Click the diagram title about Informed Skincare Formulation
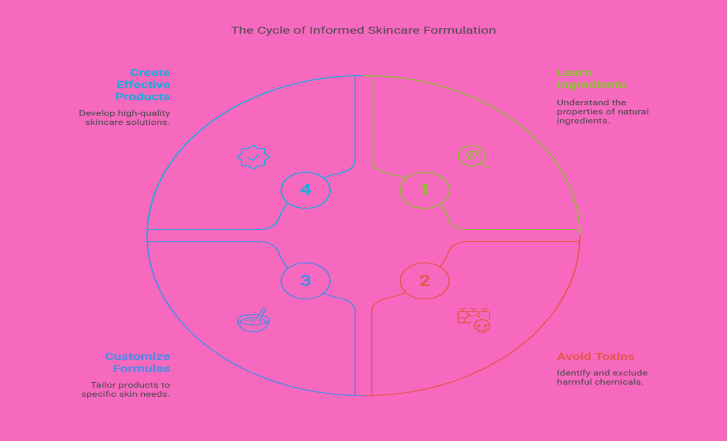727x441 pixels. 363,30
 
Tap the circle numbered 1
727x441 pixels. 425,190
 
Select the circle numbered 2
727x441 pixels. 425,280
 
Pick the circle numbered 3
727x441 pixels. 305,280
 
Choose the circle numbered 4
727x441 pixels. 305,190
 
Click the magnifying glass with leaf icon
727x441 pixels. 473,157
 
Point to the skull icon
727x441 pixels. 482,326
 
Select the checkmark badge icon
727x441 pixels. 253,157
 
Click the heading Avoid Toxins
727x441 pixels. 596,356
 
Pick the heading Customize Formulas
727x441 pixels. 138,362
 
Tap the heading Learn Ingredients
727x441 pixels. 591,79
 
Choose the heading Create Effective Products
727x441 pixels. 143,85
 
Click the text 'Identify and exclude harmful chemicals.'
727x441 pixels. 602,377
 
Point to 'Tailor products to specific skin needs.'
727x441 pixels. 126,390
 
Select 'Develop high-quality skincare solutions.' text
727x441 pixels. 125,118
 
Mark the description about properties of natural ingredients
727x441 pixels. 602,111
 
